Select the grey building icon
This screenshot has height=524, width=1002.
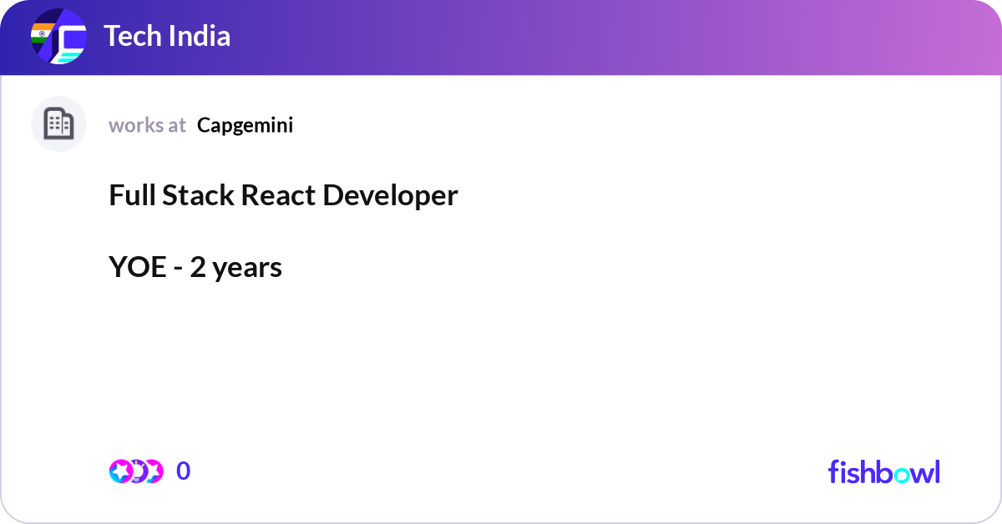[58, 124]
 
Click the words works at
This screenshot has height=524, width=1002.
[147, 125]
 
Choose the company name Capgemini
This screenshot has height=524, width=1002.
[245, 125]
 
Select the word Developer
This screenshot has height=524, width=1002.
[391, 195]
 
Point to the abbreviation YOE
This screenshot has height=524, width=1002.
[138, 268]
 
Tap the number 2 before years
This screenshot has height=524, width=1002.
[197, 268]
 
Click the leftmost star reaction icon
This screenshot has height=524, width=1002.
[120, 471]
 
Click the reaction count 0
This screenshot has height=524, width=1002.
[183, 471]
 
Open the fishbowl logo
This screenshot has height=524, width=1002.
[883, 472]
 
